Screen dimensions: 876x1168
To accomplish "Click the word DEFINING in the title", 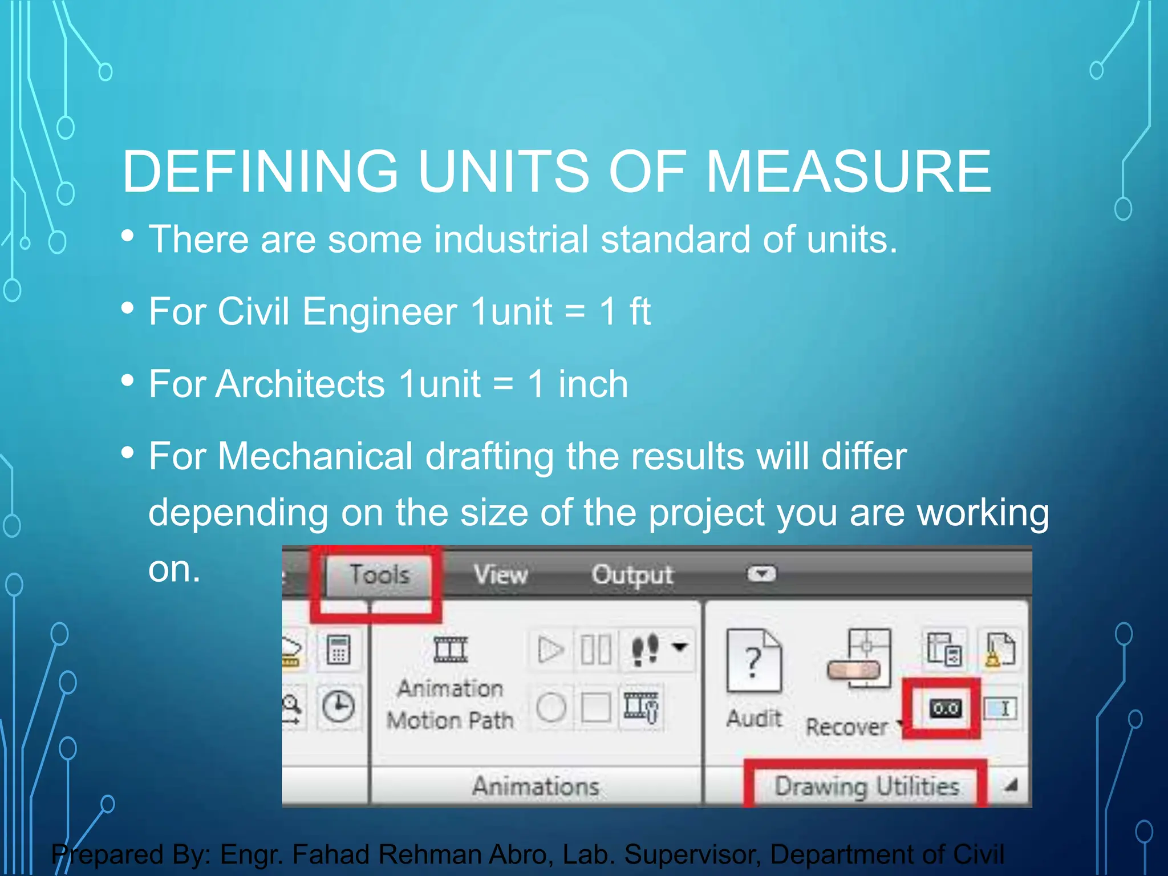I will point(260,171).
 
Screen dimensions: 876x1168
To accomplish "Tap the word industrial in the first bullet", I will point(510,239).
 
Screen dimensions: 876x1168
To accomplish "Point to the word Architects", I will point(301,384).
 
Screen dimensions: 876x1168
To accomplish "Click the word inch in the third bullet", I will point(593,384).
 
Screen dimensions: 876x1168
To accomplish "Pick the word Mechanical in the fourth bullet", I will point(315,456).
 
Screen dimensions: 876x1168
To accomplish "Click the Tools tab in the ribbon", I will point(379,574).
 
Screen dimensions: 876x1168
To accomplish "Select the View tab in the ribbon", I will point(501,574).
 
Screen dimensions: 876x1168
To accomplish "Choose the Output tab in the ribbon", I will point(632,574).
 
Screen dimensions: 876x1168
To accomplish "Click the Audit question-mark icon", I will point(753,662).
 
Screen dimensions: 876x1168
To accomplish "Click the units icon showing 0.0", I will point(945,709).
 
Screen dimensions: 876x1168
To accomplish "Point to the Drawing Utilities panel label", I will point(866,786).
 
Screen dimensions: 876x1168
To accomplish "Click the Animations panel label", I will point(536,786).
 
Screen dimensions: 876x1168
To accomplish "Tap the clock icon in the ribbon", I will point(338,707).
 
